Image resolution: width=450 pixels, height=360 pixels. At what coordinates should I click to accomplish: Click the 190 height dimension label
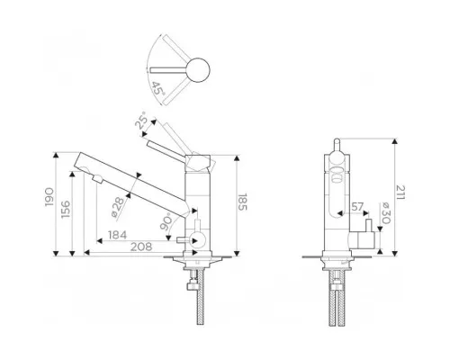pyautogui.click(x=49, y=197)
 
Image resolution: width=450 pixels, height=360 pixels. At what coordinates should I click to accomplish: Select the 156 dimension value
pyautogui.click(x=66, y=210)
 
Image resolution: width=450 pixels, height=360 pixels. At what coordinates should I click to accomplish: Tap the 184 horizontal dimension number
pyautogui.click(x=117, y=235)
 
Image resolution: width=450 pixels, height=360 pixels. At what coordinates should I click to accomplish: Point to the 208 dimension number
pyautogui.click(x=141, y=247)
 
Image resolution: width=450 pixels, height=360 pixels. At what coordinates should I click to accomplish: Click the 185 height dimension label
pyautogui.click(x=242, y=202)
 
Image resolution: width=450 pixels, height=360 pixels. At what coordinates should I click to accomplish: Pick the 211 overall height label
pyautogui.click(x=400, y=193)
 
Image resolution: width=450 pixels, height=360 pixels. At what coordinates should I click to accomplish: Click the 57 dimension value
pyautogui.click(x=357, y=207)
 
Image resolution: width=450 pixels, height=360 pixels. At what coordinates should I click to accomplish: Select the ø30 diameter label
pyautogui.click(x=386, y=213)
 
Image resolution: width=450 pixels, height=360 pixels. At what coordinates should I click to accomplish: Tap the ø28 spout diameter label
pyautogui.click(x=117, y=207)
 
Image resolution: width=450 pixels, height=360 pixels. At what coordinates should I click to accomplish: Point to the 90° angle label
pyautogui.click(x=166, y=221)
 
